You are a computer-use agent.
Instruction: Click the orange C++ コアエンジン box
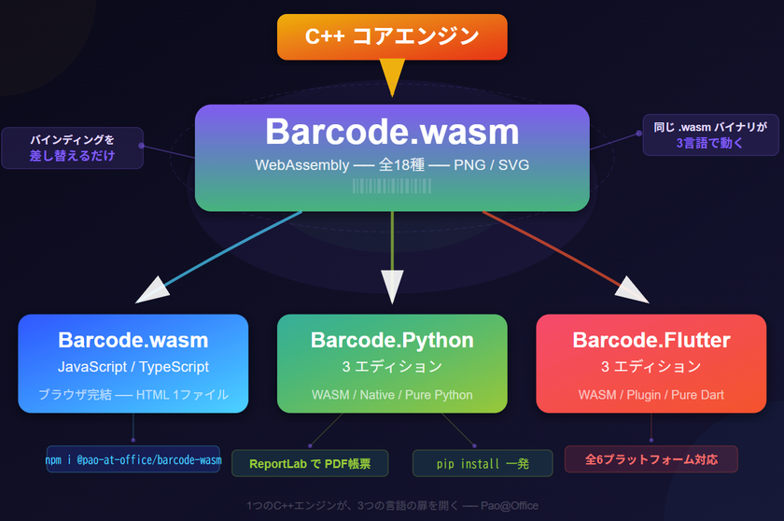pos(392,37)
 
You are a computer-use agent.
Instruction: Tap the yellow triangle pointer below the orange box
pos(392,77)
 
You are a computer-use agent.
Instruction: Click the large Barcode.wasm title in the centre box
pos(392,132)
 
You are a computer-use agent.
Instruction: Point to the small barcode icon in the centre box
pos(392,186)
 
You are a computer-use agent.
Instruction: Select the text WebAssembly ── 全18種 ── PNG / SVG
pos(392,164)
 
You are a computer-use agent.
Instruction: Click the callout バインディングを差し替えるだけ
pos(73,148)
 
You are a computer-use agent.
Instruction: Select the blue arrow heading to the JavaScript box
pos(224,256)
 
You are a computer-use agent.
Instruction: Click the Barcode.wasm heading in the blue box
pos(133,340)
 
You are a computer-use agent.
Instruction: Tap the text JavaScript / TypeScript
pos(133,367)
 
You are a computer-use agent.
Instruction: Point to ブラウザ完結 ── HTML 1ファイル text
pos(133,394)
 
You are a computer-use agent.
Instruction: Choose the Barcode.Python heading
pos(392,340)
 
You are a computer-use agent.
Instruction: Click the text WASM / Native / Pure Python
pos(392,395)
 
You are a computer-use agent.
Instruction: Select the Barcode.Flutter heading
pos(651,340)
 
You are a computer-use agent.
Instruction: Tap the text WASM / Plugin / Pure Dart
pos(651,395)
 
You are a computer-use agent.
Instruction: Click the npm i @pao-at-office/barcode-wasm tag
pos(133,459)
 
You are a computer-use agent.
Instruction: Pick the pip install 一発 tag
pos(482,463)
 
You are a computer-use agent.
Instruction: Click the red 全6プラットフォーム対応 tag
pos(651,459)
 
